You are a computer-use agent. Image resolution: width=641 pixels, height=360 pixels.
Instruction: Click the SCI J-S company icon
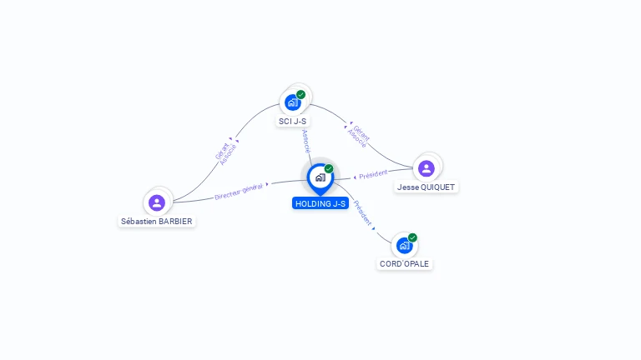292,102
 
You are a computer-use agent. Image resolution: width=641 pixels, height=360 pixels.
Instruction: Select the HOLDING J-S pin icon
320,177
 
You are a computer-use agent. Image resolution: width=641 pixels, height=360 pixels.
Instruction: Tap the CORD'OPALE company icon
404,246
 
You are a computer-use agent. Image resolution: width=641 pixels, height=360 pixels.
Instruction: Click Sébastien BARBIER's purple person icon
156,202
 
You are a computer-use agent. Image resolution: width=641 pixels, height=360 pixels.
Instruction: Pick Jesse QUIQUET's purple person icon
426,168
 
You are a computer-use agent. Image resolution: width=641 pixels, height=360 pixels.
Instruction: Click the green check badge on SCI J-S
301,94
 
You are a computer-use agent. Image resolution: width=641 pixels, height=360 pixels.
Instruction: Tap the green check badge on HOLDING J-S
329,168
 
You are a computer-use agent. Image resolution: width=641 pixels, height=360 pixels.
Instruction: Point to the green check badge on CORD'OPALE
412,237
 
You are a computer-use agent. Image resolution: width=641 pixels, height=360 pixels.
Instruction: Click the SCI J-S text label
292,122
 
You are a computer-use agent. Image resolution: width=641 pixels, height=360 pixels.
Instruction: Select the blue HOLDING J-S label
320,203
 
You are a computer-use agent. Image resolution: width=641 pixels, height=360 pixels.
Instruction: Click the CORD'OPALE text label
404,264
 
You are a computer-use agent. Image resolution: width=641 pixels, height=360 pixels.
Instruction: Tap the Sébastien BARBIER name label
157,222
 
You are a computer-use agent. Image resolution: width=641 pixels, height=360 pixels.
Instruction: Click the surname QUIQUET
438,187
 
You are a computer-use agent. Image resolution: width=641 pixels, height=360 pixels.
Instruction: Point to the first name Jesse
408,187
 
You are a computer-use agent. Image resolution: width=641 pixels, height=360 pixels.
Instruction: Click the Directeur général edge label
239,191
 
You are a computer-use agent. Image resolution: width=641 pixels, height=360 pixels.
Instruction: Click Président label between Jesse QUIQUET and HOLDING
373,174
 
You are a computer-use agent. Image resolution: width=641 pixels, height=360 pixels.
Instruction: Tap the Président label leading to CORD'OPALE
362,212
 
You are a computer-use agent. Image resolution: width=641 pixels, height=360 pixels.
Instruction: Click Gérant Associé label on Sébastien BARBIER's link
225,152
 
